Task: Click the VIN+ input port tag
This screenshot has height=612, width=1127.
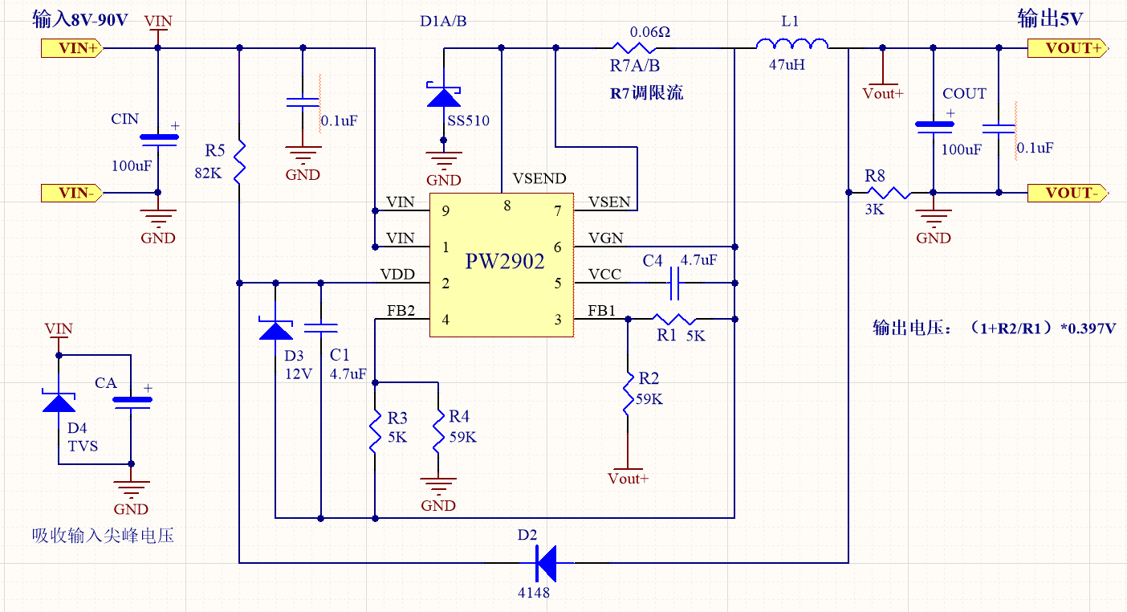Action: [71, 48]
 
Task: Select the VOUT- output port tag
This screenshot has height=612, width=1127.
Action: [1067, 193]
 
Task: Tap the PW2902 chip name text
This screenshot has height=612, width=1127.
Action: [505, 262]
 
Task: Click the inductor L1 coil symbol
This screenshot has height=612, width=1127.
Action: [791, 44]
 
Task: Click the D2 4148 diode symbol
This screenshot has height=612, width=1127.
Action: [547, 563]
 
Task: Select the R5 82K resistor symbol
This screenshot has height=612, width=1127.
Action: [239, 161]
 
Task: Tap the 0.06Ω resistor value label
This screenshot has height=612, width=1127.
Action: [650, 32]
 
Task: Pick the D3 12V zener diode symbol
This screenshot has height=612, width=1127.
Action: [275, 329]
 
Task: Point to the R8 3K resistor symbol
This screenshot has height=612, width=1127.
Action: [889, 193]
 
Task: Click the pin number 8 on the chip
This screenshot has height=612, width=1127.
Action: [507, 206]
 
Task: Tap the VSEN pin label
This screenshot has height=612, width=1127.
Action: [609, 202]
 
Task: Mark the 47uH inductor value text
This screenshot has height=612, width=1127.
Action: [787, 65]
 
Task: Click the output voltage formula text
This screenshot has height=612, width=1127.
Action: [995, 328]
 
